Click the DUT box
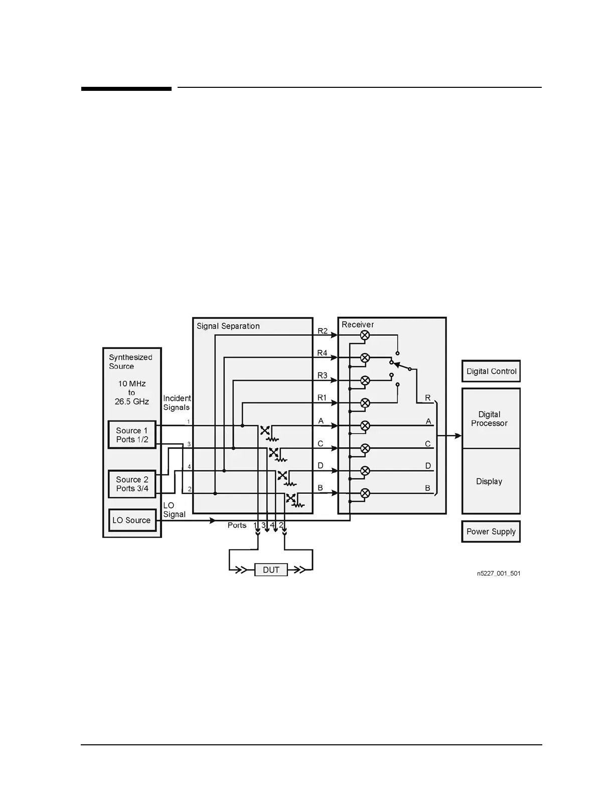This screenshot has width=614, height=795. point(271,570)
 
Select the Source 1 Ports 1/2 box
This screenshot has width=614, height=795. point(132,435)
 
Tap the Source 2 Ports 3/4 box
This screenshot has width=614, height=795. point(132,484)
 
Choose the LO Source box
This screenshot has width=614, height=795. point(131,520)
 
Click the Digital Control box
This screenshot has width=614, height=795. point(491,371)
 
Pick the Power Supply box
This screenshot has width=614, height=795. point(491,532)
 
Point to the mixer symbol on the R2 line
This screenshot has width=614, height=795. point(365,335)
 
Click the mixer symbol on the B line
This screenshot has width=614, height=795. point(365,493)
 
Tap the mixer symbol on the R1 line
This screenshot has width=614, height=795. point(365,403)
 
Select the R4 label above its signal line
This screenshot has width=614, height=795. point(322,353)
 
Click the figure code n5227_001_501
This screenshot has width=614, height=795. point(498,573)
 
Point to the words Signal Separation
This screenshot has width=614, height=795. point(228,326)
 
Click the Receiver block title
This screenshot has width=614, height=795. point(358,325)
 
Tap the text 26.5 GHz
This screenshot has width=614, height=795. point(131,402)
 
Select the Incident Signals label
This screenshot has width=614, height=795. point(177,403)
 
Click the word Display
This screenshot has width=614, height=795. point(489,481)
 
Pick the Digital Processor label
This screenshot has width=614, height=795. point(489,419)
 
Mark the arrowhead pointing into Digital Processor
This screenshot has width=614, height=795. point(458,436)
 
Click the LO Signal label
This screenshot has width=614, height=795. point(174,510)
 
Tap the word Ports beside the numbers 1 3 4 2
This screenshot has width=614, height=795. point(237,525)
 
